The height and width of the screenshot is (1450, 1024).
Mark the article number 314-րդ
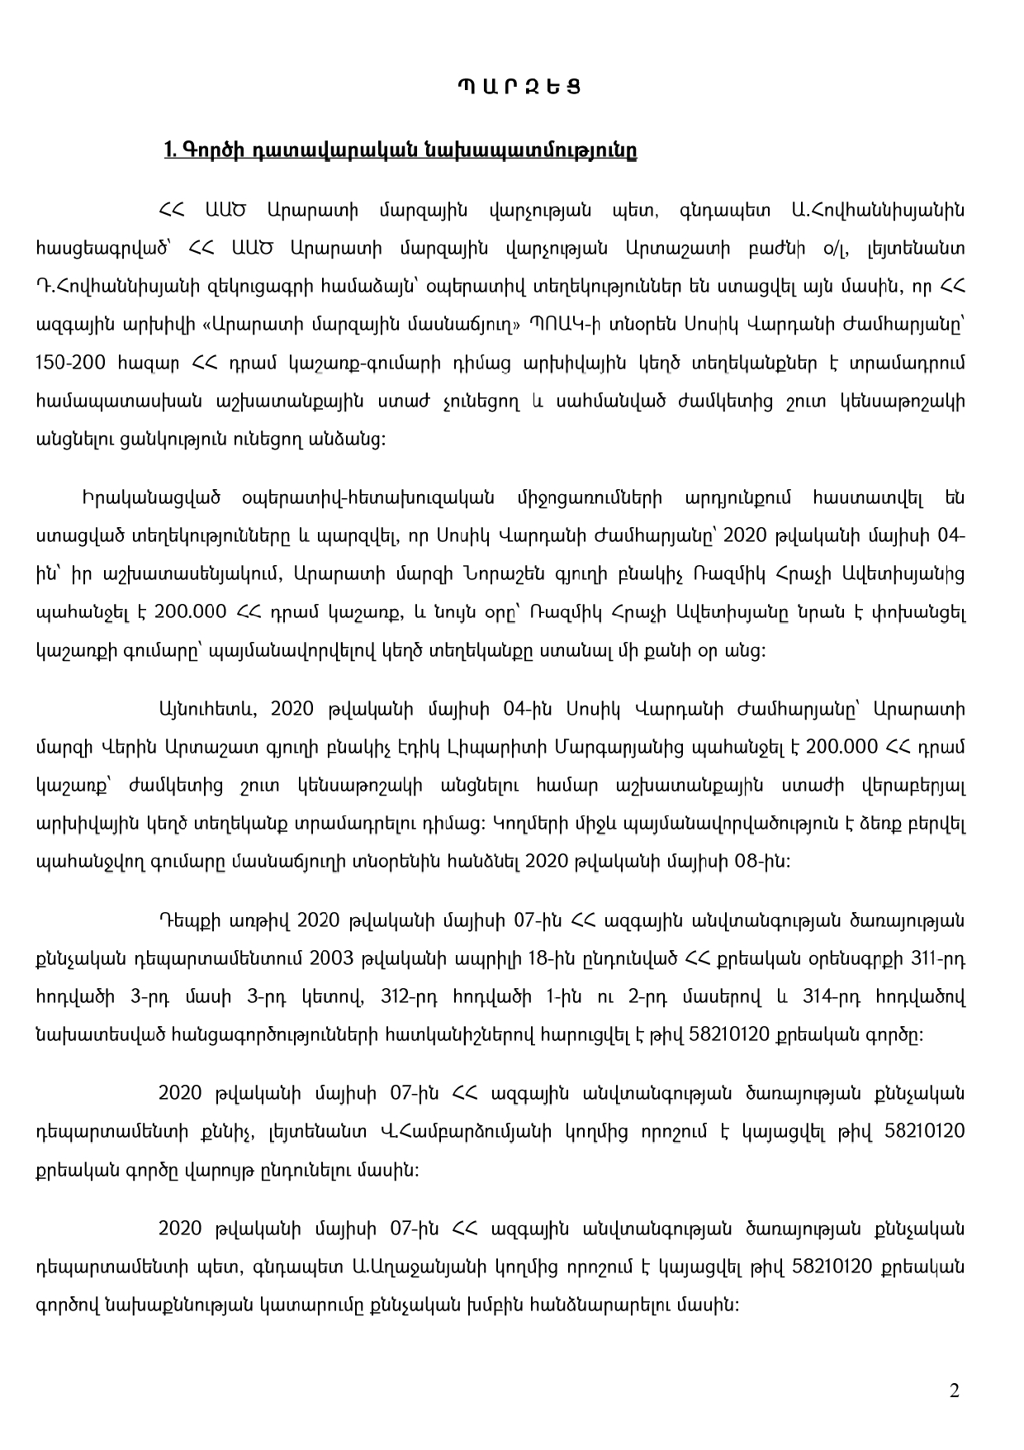point(834,997)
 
